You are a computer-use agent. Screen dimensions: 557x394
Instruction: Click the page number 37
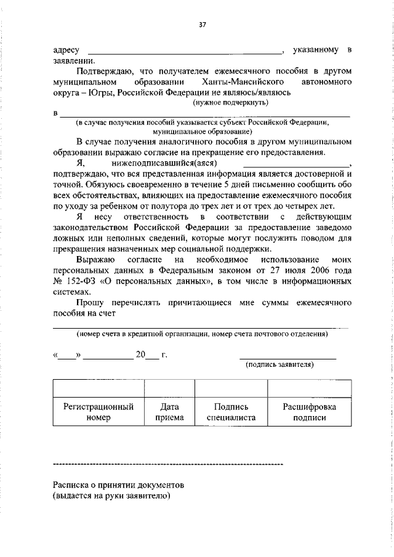point(202,25)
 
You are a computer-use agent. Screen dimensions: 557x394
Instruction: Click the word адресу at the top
point(66,49)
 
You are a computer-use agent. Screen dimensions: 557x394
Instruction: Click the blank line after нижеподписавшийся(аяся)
point(296,164)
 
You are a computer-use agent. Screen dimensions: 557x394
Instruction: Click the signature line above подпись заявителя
point(287,358)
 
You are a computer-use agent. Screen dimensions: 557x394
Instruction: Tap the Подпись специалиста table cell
point(231,412)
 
